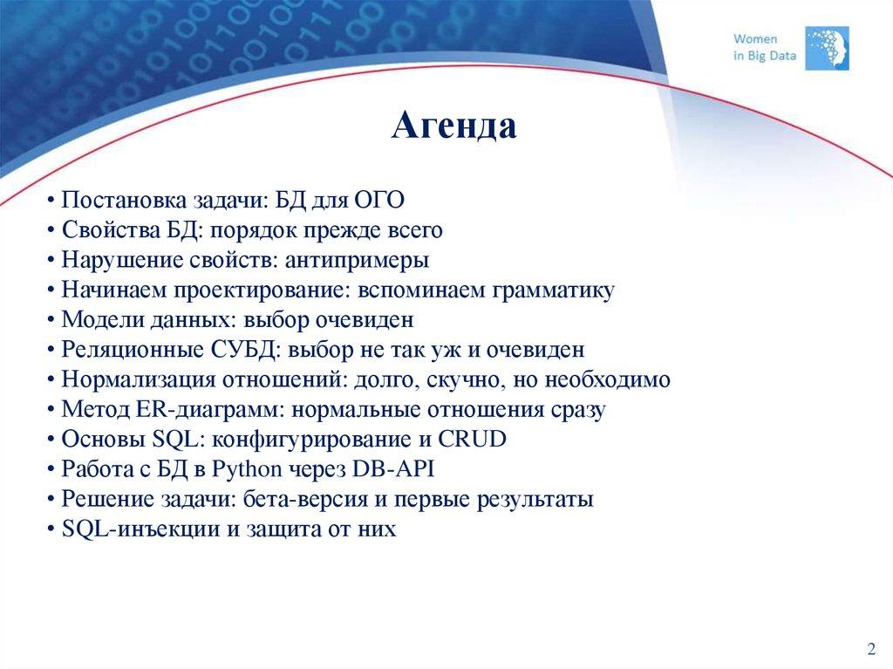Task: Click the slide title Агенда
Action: pos(453,126)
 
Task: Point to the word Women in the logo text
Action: pos(755,39)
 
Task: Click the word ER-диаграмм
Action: pos(208,409)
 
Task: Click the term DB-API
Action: pos(393,469)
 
